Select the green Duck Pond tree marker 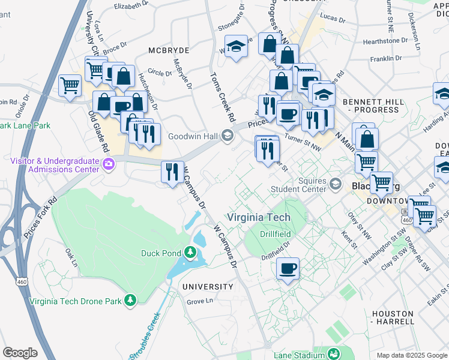[x=191, y=253]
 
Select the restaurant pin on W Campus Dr [x=172, y=172]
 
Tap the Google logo [x=20, y=353]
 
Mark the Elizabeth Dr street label [x=130, y=5]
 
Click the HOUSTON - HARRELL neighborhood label [x=393, y=317]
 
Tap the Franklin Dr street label [x=385, y=59]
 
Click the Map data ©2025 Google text [x=411, y=355]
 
